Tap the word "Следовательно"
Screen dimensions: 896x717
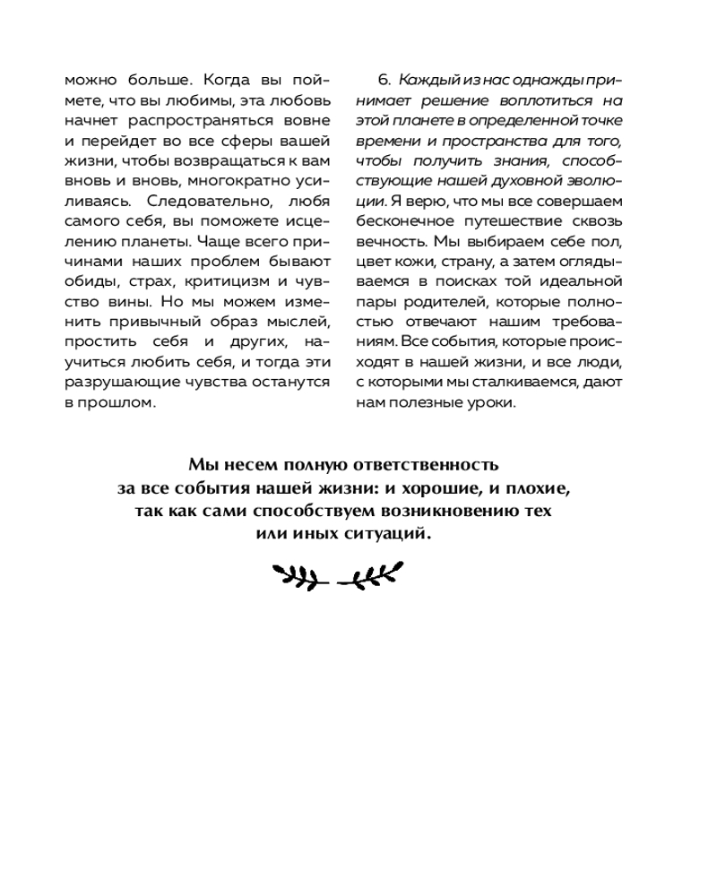pyautogui.click(x=199, y=201)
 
